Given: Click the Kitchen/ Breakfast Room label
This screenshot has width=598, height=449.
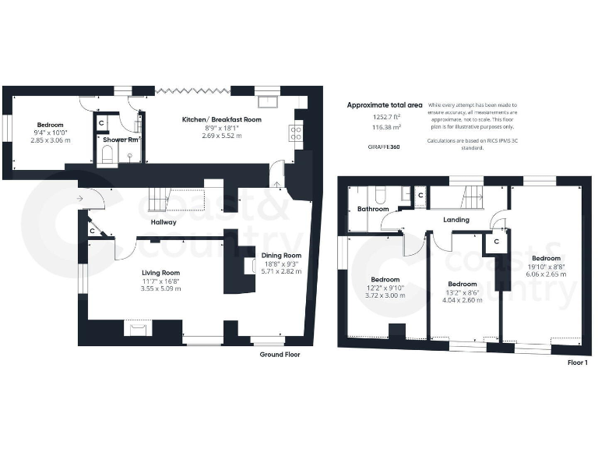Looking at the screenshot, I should (x=221, y=119).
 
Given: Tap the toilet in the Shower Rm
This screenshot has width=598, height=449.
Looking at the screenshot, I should (x=107, y=156).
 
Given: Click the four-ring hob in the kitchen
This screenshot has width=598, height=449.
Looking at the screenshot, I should (x=296, y=133).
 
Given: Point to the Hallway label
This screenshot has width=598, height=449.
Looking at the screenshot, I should (x=164, y=222).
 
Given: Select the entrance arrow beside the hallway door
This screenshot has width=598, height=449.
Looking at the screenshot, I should (x=81, y=199).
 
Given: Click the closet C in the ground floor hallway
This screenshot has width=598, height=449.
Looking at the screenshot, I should (x=92, y=231).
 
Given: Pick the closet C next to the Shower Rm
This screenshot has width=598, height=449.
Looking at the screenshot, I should (x=100, y=122).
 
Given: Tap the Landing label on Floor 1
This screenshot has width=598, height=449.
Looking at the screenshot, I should (x=456, y=220).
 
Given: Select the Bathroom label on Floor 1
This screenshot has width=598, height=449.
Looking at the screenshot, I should (x=372, y=209).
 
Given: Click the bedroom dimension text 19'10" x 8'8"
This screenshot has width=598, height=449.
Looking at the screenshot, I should (x=545, y=267).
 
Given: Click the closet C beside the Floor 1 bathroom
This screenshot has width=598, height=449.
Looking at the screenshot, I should (x=420, y=195).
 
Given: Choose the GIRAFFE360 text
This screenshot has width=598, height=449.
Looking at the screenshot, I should (x=384, y=147).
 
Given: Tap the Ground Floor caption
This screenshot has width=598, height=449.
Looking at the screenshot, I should (x=280, y=355).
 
